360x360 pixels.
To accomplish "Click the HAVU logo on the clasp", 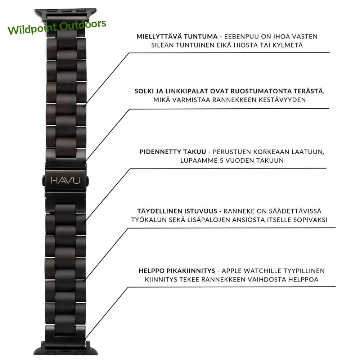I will click(x=66, y=180).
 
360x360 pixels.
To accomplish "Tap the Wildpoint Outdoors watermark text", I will click(x=57, y=27).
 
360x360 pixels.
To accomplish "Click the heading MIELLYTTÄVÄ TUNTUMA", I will click(x=177, y=36).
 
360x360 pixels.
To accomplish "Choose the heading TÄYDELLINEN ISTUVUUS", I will click(x=177, y=211).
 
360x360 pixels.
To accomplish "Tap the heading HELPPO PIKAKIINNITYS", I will click(x=177, y=271).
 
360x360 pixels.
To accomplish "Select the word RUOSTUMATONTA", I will click(x=266, y=91).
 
